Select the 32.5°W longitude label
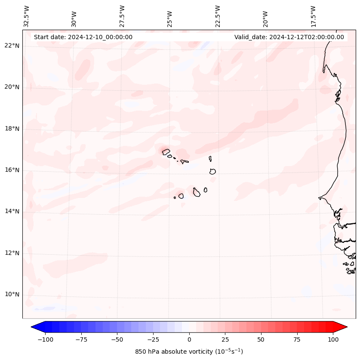point(27,16)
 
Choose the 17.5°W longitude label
point(313,16)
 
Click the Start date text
point(83,37)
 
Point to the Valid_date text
point(289,37)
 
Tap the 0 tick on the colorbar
point(189,339)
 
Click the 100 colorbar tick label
point(333,339)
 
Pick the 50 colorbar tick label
point(261,339)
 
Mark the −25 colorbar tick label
point(153,339)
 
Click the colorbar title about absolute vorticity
point(189,352)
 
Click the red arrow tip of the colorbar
point(343,327)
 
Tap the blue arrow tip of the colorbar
point(35,327)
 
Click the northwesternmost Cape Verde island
point(166,151)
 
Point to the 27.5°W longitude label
point(122,16)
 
